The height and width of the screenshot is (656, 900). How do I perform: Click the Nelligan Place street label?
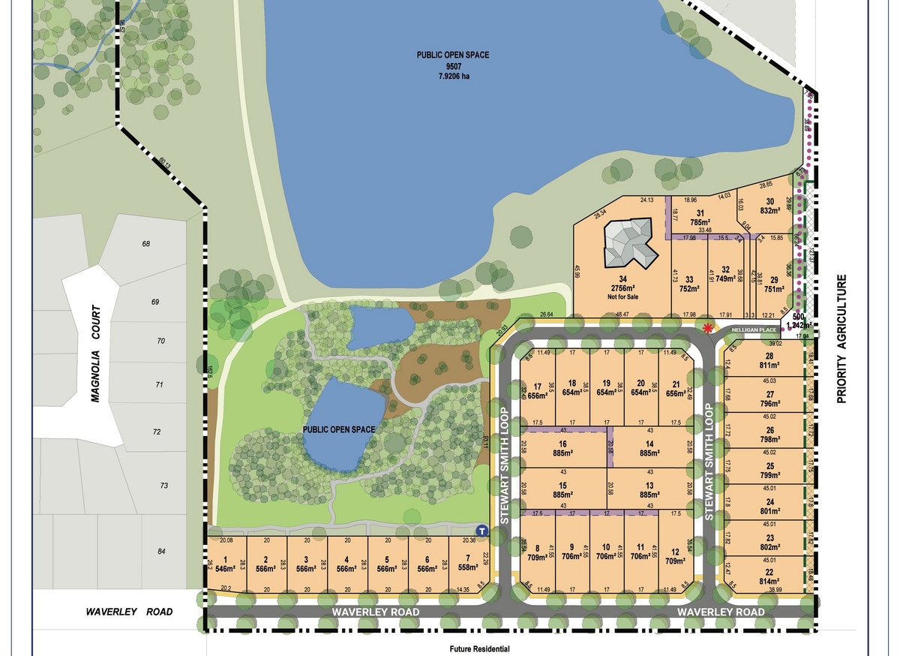point(753,329)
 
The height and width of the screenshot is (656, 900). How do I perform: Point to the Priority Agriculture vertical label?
point(842,339)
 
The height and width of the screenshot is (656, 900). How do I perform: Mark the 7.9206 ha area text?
point(449,77)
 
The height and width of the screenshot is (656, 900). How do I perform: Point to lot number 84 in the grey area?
point(161,551)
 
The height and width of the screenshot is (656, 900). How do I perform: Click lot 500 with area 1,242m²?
point(799,322)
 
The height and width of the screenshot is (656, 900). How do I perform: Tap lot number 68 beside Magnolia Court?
point(145,244)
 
